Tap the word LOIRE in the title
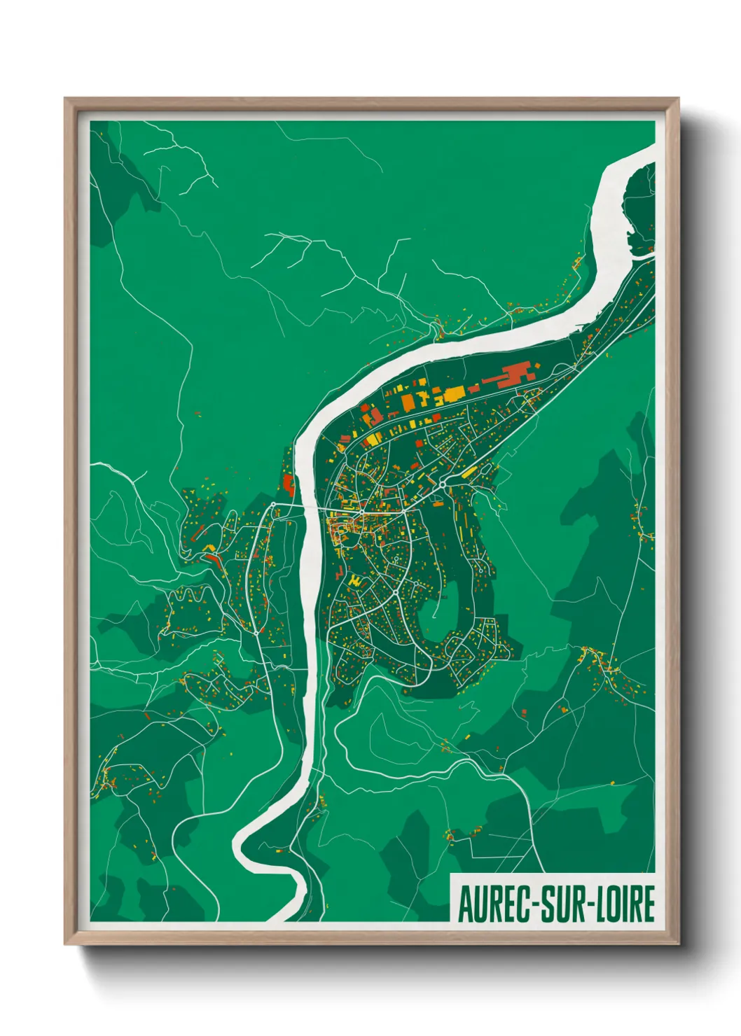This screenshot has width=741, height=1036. [624, 904]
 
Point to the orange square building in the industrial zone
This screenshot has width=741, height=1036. [408, 402]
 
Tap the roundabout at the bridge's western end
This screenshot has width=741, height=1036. [273, 504]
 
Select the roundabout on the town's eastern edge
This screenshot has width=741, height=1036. [443, 484]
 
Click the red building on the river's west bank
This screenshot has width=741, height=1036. [288, 484]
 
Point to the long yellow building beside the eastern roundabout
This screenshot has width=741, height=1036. [470, 472]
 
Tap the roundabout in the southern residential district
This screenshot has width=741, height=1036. [396, 593]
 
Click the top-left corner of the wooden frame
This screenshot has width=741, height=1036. [65, 99]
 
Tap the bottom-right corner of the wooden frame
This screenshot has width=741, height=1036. [678, 944]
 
